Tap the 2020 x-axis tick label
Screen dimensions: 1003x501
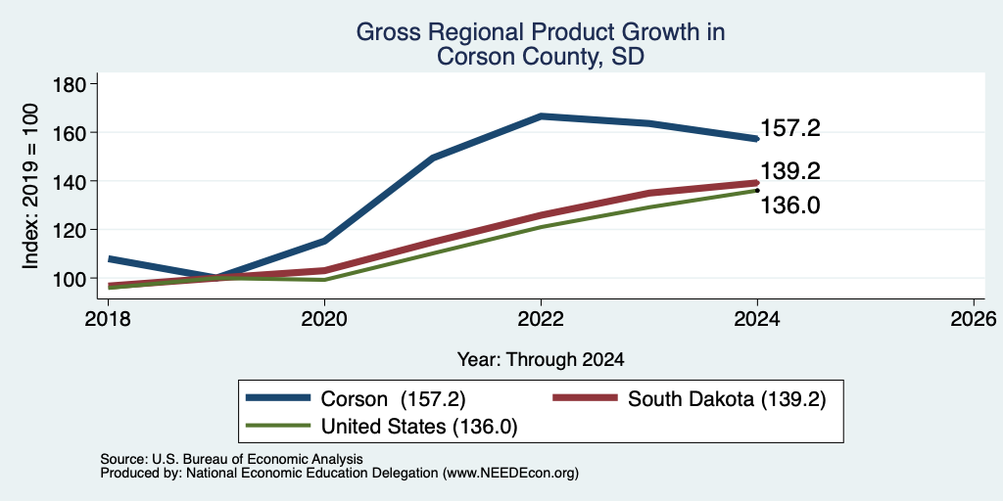tap(325, 318)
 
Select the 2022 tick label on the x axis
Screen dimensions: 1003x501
tap(541, 318)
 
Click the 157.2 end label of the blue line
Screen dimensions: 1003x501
tap(790, 129)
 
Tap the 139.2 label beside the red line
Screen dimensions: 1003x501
tap(790, 171)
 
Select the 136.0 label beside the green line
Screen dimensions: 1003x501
tap(790, 205)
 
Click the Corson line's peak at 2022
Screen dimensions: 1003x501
tap(541, 116)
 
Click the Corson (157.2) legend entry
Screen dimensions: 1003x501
tap(356, 399)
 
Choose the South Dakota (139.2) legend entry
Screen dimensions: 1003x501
tap(689, 399)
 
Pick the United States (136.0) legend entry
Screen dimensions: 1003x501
tap(382, 427)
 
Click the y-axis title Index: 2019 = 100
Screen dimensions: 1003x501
tap(30, 186)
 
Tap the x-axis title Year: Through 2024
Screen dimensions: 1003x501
tap(541, 360)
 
